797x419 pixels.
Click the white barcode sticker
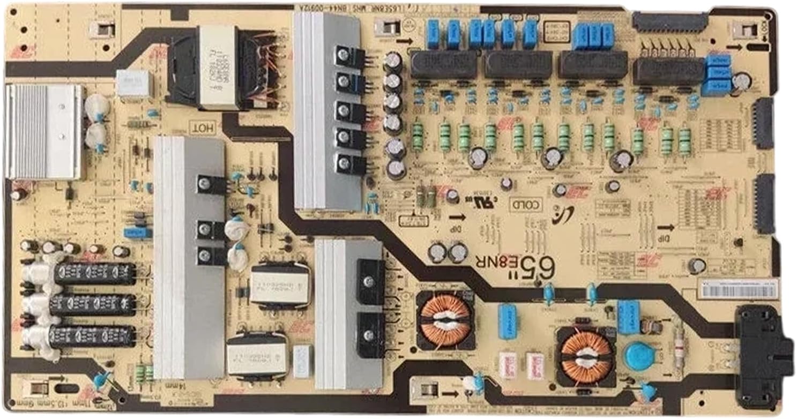point(739,289)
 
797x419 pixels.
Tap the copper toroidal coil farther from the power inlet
point(445,320)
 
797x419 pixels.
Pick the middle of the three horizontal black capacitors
point(93,305)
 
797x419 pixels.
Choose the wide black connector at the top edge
point(669,23)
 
